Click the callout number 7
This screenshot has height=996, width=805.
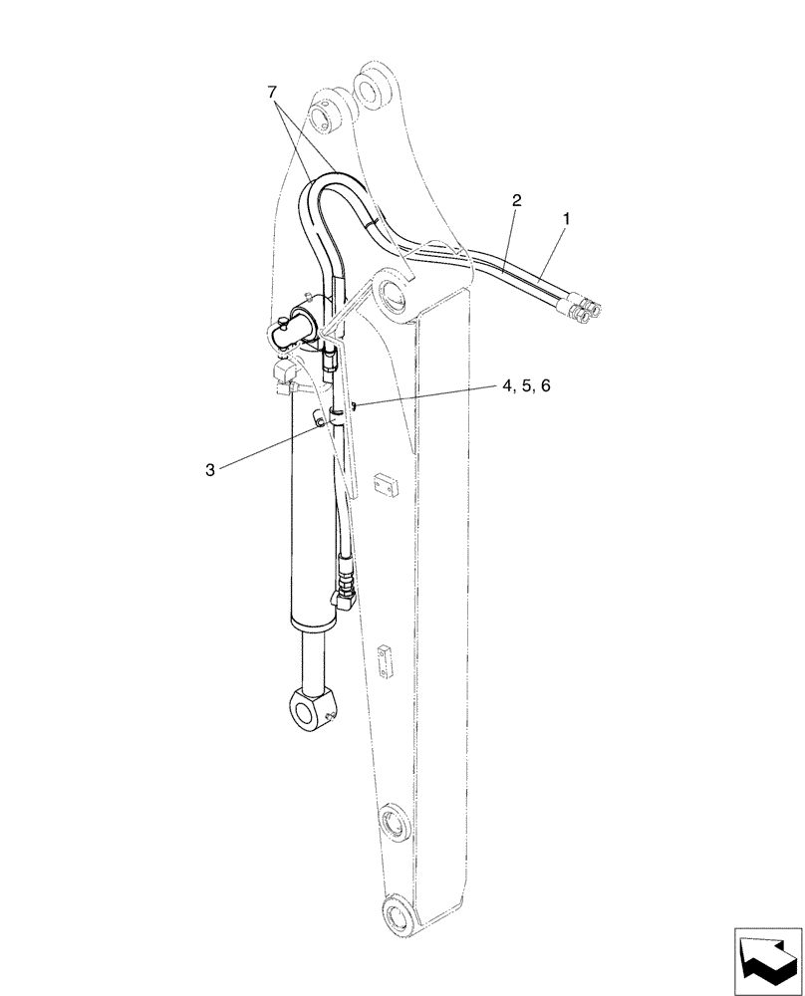(271, 92)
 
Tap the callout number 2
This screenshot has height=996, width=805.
(516, 200)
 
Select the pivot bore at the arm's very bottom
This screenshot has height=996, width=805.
(398, 916)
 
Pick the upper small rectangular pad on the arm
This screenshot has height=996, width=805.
(384, 485)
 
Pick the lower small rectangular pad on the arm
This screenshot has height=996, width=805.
(385, 658)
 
